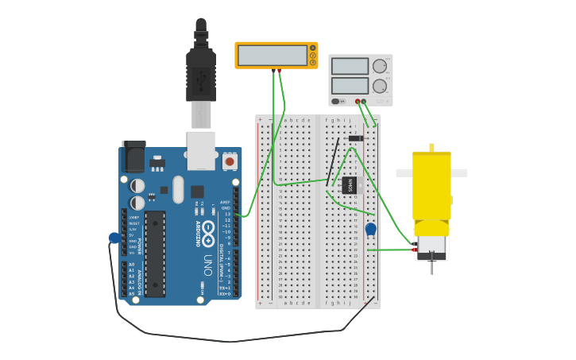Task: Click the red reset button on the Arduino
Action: click(230, 161)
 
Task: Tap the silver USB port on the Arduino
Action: click(201, 149)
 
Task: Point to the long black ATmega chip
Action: click(155, 254)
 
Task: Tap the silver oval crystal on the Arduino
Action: click(178, 189)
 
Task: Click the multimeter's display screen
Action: click(272, 56)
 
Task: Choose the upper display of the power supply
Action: click(350, 66)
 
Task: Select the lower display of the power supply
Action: click(350, 85)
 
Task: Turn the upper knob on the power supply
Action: click(380, 66)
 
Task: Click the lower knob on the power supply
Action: click(380, 86)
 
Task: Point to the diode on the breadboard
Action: click(355, 138)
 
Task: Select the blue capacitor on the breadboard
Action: click(370, 229)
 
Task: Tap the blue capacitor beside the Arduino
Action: click(115, 238)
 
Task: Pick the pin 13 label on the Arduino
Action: click(227, 214)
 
